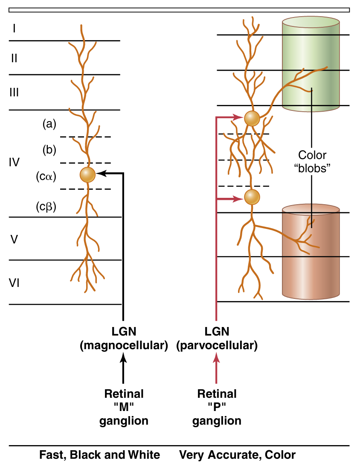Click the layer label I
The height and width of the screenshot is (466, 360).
point(14,29)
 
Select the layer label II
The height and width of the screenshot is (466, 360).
point(14,58)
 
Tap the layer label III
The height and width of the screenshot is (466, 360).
point(14,93)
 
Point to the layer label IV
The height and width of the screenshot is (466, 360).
point(14,162)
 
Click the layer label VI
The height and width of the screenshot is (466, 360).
point(14,283)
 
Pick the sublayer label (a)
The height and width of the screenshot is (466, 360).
point(49,124)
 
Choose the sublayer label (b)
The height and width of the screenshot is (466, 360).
point(49,150)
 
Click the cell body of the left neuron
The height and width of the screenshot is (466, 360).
point(87,175)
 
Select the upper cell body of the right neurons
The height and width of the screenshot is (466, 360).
point(252,118)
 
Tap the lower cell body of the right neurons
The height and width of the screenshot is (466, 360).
point(252,197)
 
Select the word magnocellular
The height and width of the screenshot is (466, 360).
point(124,346)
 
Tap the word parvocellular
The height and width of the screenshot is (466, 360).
point(217,346)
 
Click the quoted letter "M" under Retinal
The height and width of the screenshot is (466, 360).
point(124,407)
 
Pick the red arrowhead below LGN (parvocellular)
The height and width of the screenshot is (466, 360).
point(217,360)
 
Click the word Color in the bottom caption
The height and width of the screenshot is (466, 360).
point(280,455)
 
